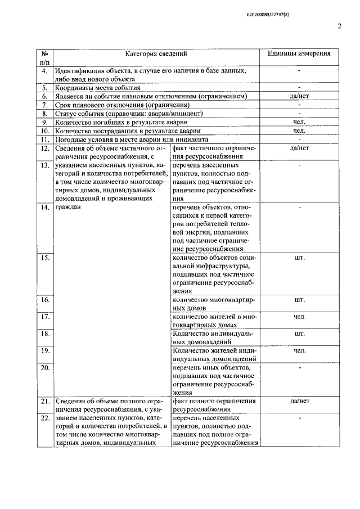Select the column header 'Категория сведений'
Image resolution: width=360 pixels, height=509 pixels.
click(156, 54)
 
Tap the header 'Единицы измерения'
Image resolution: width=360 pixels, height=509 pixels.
click(299, 54)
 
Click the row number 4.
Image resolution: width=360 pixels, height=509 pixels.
click(44, 71)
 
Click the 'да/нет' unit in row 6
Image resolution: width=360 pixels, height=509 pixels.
click(299, 96)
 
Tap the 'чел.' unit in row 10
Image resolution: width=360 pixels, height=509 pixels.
click(299, 130)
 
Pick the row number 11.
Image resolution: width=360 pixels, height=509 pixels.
click(44, 139)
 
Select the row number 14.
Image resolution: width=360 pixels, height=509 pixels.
click(44, 208)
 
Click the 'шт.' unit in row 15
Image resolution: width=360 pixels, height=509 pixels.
click(299, 258)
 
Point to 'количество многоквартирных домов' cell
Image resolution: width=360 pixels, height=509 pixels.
click(214, 304)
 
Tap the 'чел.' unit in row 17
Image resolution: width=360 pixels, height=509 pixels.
click(299, 317)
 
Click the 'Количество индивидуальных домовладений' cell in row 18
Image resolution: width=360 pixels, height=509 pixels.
click(214, 337)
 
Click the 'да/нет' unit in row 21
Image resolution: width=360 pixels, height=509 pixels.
click(299, 401)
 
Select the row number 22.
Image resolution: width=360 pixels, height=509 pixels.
click(44, 418)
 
